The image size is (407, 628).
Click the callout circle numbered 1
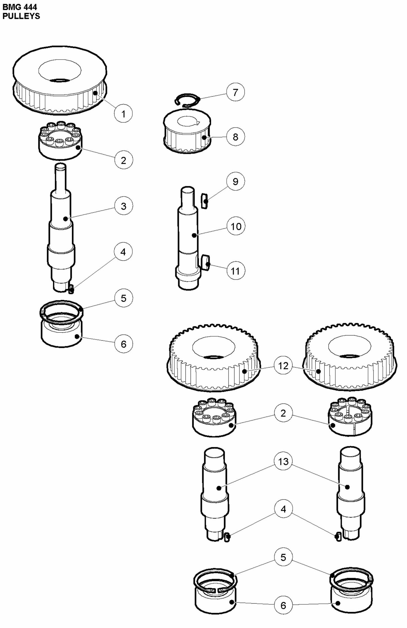point(123,114)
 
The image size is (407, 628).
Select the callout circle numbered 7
point(235,92)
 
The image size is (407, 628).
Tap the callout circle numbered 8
point(235,137)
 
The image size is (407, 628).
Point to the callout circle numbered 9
point(235,181)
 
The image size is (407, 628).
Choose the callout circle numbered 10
point(236,226)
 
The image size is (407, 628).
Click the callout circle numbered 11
point(235,271)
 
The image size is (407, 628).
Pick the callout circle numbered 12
point(283,366)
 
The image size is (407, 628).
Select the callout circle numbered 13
point(283,461)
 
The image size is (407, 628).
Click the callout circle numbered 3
point(123,206)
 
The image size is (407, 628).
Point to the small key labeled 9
point(205,201)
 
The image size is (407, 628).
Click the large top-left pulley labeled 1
point(60,82)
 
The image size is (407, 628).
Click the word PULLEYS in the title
point(21,16)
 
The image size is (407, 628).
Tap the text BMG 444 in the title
point(20,7)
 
